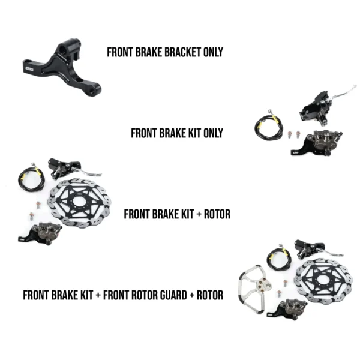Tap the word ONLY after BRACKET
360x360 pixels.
pyautogui.click(x=214, y=52)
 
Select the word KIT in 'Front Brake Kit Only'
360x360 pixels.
pyautogui.click(x=194, y=133)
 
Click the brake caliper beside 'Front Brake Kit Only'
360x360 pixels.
pyautogui.click(x=317, y=143)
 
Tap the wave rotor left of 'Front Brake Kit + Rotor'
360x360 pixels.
pyautogui.click(x=79, y=203)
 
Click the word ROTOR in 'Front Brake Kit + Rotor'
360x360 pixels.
pyautogui.click(x=217, y=214)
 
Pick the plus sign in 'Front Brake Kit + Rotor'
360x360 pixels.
pyautogui.click(x=199, y=215)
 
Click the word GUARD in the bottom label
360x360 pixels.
pyautogui.click(x=173, y=295)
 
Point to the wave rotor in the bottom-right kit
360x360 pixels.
pyautogui.click(x=324, y=281)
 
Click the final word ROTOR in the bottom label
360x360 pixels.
pyautogui.click(x=210, y=295)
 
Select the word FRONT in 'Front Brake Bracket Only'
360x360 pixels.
pyautogui.click(x=121, y=52)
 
